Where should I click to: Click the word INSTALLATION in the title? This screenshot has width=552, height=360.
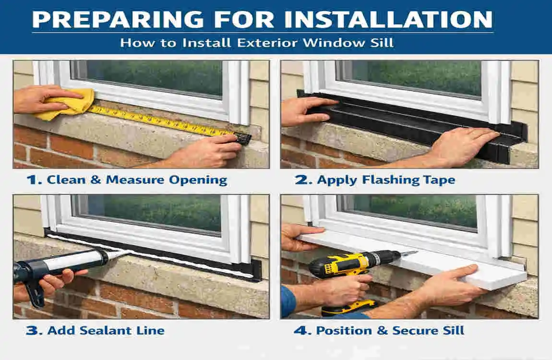(388, 19)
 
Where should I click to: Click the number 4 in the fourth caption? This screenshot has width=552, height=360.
(299, 330)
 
